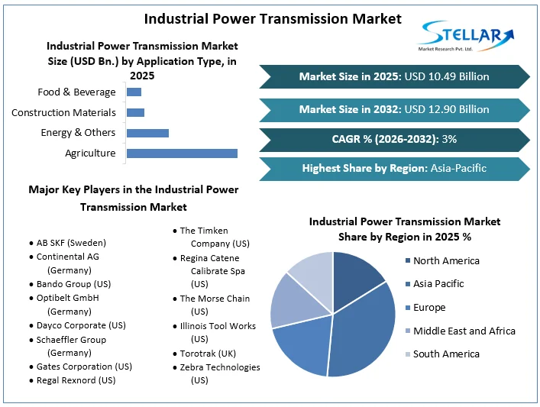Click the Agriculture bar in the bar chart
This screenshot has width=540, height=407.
tap(182, 153)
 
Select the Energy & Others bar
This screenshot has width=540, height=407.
tap(147, 133)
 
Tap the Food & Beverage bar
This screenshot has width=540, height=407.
tap(134, 92)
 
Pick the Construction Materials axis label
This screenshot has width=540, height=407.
tap(63, 113)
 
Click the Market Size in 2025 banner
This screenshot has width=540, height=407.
tap(394, 76)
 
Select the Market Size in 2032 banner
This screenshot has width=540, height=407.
tap(394, 109)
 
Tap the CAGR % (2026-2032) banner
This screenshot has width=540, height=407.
tap(394, 139)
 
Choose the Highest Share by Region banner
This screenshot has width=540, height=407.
tap(394, 168)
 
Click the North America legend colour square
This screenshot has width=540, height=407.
tap(407, 261)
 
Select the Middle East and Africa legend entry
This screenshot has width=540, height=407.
tap(464, 331)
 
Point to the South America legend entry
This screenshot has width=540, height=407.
tap(446, 354)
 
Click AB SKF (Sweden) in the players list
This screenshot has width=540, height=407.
tap(71, 243)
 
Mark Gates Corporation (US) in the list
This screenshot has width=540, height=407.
tap(84, 367)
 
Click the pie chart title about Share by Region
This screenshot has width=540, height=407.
tap(404, 229)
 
